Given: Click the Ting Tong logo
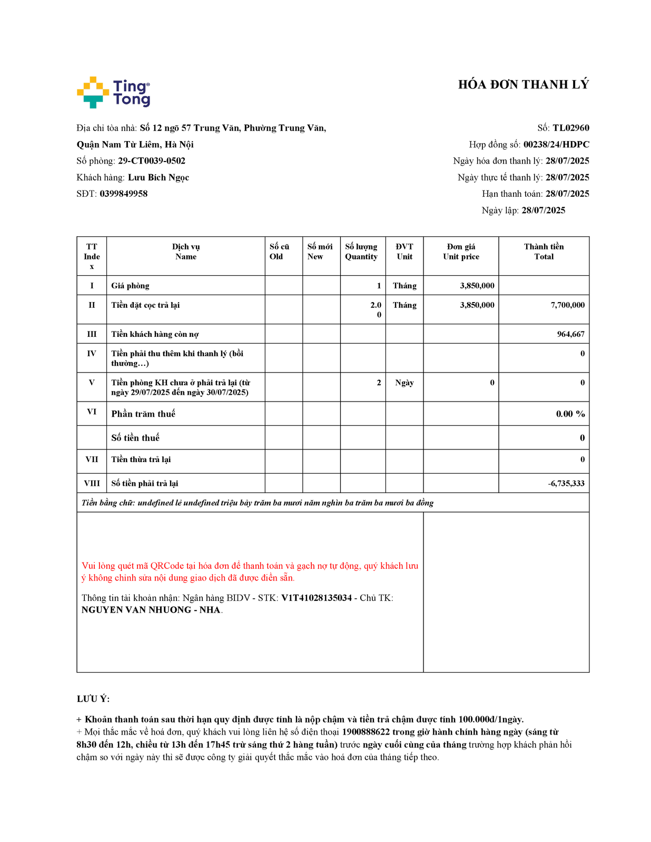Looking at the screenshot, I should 113,93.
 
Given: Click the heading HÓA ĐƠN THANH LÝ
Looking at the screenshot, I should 523,85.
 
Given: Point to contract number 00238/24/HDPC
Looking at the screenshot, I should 556,145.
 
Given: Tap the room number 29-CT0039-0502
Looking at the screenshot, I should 152,161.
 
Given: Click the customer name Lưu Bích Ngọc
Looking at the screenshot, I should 159,178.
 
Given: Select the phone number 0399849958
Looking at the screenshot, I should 124,194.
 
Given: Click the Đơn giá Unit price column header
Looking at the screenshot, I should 461,252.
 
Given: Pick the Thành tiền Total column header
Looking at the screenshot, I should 544,252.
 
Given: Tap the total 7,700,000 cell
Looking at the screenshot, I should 567,305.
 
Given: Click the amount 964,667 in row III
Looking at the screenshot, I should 570,335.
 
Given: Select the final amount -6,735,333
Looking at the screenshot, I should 566,484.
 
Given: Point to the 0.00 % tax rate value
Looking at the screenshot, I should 570,414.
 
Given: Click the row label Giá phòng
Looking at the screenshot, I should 130,286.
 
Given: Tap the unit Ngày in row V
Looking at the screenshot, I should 404,383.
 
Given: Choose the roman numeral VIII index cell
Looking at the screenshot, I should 92,484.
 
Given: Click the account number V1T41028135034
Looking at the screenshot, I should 317,598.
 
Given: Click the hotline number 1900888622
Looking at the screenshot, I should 366,733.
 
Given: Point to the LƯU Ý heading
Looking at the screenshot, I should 93,699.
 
